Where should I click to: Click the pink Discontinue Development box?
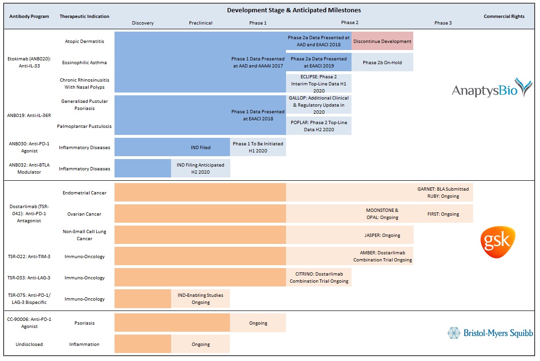(x=382, y=41)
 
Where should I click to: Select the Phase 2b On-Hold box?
(x=382, y=62)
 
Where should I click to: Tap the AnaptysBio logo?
(x=492, y=88)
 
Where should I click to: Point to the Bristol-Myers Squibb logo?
(x=490, y=333)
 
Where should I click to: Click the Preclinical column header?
(x=200, y=23)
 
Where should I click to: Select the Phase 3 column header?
(x=443, y=23)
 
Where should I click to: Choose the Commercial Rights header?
(x=504, y=16)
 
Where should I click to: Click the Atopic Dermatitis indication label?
(x=84, y=41)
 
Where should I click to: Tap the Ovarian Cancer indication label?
(x=84, y=214)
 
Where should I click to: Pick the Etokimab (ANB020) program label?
(x=29, y=62)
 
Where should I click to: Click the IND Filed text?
(x=200, y=147)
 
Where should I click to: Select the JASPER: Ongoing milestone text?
(x=382, y=235)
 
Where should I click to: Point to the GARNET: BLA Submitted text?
(x=443, y=189)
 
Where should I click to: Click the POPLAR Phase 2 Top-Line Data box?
(x=319, y=126)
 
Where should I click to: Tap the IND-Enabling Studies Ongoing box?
(x=200, y=299)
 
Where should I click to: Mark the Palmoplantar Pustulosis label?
(x=84, y=126)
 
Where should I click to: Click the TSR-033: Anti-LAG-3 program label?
(x=29, y=277)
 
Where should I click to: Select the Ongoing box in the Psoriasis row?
(x=258, y=323)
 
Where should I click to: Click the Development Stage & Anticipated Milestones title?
(x=294, y=10)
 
